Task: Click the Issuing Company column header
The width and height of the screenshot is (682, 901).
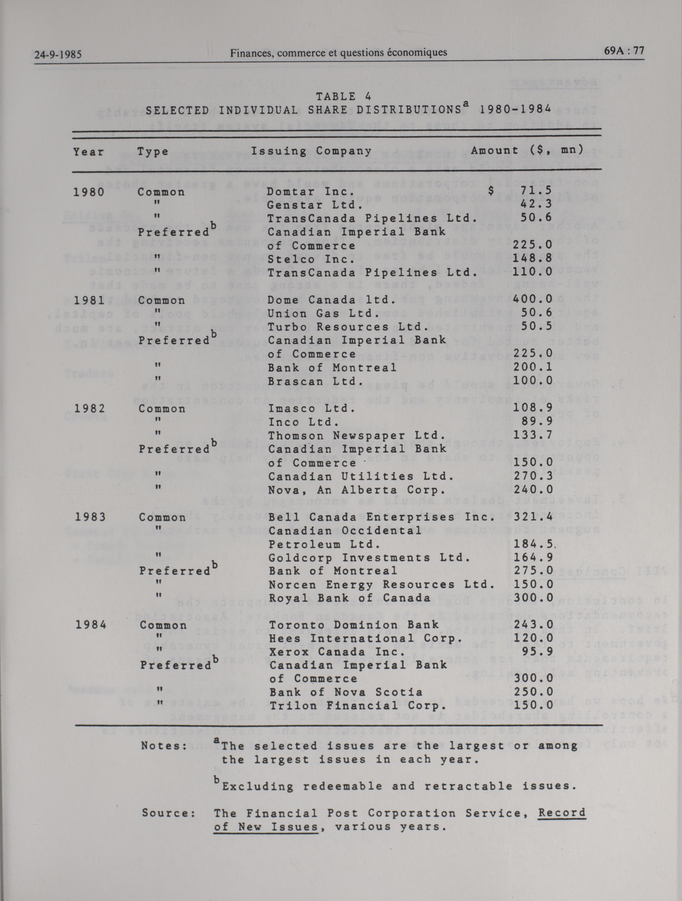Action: point(311,152)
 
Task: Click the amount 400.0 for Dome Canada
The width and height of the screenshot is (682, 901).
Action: point(533,299)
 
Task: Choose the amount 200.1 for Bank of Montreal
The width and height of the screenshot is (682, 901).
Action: point(533,367)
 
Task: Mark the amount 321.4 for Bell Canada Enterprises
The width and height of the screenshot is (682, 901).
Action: point(533,516)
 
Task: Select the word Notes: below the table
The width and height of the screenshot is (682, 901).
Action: point(164,746)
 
